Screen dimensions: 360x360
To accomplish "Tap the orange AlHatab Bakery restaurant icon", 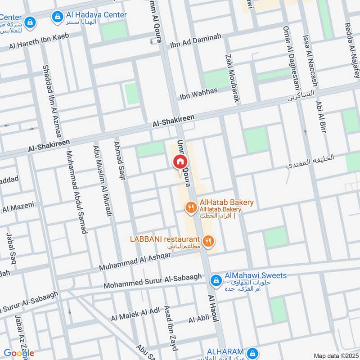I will click(191, 207).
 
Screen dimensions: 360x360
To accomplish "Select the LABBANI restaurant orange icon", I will click(207, 241).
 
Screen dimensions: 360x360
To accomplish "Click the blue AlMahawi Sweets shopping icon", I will click(216, 280).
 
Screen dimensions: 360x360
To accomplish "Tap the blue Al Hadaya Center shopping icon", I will click(57, 17).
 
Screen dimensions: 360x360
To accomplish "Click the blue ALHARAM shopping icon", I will click(253, 352).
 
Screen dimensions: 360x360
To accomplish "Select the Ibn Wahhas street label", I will click(198, 94).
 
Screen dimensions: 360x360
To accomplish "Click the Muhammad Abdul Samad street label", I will click(76, 192).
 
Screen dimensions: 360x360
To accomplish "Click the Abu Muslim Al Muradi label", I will click(102, 180).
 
